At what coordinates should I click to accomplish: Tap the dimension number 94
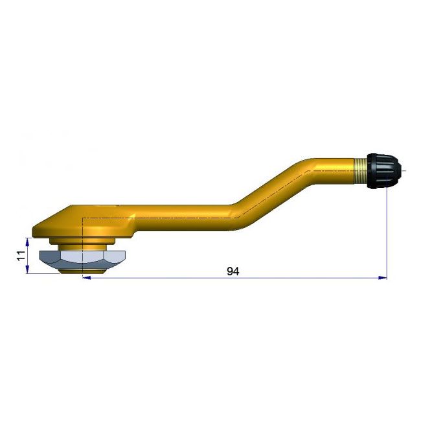coord(233,271)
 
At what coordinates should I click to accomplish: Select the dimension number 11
coord(21,255)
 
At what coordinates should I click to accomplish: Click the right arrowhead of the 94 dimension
coord(383,279)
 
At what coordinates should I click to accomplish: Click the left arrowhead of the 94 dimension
coord(87,279)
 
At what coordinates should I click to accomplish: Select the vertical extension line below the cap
coord(387,233)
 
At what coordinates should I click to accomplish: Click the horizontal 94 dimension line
coord(162,279)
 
